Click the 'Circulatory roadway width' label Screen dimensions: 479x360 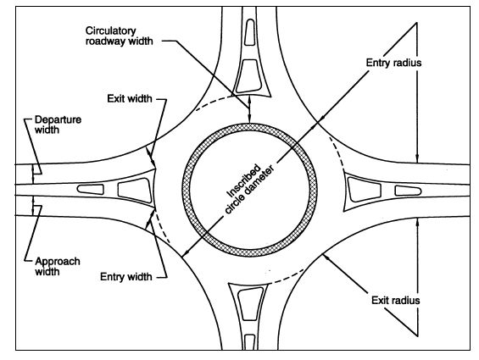tap(120, 36)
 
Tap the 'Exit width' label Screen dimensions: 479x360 tap(130, 98)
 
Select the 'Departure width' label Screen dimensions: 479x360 tap(58, 125)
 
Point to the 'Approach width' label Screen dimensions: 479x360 tap(58, 266)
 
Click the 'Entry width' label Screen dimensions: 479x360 tap(126, 277)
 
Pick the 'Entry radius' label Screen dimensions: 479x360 tap(393, 63)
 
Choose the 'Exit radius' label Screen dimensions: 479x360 tap(396, 300)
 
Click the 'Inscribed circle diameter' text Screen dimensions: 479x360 tap(248, 189)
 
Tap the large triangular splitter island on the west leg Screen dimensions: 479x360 tap(135, 191)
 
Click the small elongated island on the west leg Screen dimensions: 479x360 tap(91, 189)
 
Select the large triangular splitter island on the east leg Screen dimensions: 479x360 tap(365, 189)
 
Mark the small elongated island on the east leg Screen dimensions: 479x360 tap(408, 191)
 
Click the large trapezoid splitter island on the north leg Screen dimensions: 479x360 tap(249, 75)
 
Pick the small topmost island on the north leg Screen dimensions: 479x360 tap(250, 32)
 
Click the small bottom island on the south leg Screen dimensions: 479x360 tap(250, 342)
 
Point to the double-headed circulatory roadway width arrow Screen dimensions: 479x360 tap(249, 109)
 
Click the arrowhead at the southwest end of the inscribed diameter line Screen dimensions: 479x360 tap(184, 254)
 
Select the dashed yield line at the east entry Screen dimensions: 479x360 tap(336, 152)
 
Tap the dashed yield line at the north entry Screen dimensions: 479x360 tap(214, 102)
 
